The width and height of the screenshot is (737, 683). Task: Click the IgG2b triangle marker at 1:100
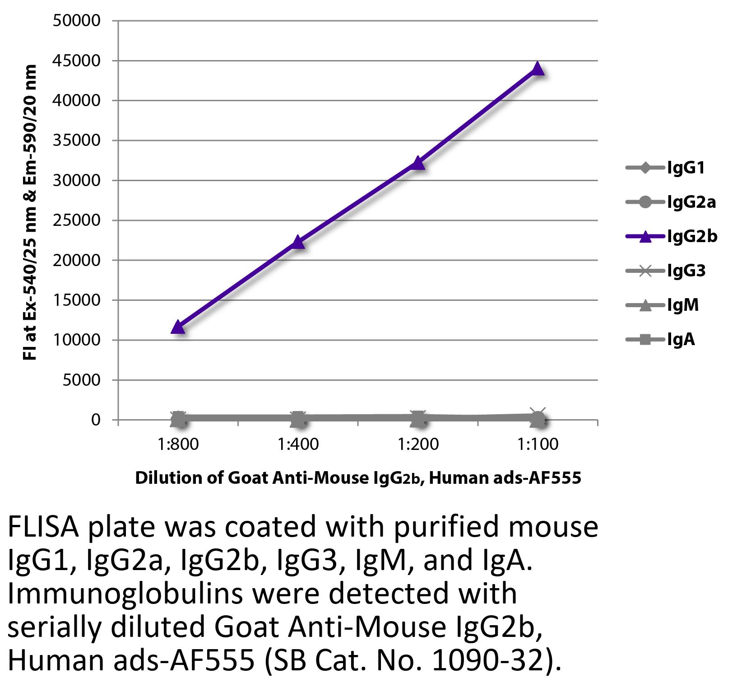click(x=538, y=69)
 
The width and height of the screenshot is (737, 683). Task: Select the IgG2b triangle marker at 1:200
click(x=418, y=163)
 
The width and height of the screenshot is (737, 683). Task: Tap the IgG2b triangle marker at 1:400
click(x=298, y=243)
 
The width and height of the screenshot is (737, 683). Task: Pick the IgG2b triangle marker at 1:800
click(x=178, y=327)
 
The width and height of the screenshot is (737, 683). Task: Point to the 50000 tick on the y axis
click(x=76, y=21)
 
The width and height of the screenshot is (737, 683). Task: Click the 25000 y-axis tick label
click(x=76, y=220)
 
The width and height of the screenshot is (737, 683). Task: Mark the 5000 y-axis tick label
click(x=81, y=380)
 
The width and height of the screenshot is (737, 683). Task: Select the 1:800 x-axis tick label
click(x=178, y=444)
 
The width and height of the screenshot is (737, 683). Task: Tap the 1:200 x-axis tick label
click(x=418, y=444)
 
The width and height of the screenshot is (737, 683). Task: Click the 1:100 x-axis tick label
click(x=538, y=444)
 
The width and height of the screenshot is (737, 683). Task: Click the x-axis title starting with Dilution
click(x=358, y=477)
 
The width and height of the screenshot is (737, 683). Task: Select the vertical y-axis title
click(x=30, y=212)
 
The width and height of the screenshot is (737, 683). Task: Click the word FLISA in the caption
click(x=43, y=528)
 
